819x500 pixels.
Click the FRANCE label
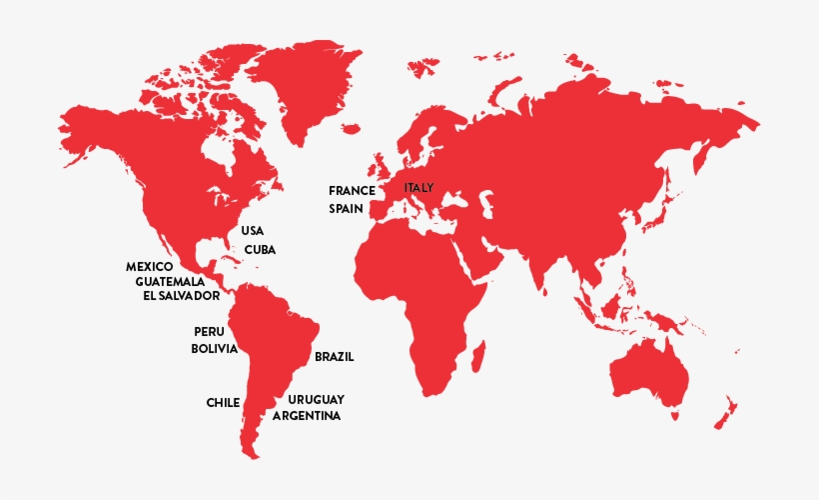(x=352, y=190)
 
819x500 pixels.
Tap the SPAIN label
(x=350, y=209)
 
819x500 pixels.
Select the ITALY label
(x=419, y=187)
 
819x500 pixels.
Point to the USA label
(x=253, y=231)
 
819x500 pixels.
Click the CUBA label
(x=260, y=249)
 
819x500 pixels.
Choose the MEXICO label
(x=150, y=267)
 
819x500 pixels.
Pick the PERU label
(x=210, y=331)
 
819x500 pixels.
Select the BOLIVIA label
(x=215, y=348)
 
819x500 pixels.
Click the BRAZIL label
(x=335, y=356)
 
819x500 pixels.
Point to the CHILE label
(x=223, y=402)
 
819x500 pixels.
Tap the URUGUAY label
(x=317, y=399)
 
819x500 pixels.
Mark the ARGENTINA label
(x=307, y=415)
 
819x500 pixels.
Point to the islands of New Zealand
(x=726, y=410)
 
